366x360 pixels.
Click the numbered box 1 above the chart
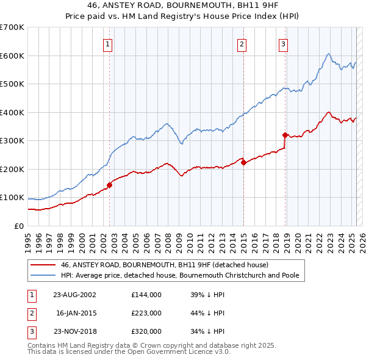[x=107, y=43]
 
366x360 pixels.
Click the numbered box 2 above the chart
[x=242, y=43]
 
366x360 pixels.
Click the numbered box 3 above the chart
[x=284, y=43]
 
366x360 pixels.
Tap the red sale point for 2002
[x=110, y=185]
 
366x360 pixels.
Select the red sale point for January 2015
[x=243, y=162]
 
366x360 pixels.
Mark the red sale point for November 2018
[x=285, y=135]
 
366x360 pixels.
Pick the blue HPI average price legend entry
[x=179, y=275]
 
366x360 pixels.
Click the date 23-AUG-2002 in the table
[x=74, y=294]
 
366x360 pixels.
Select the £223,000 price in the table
[x=146, y=313]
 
